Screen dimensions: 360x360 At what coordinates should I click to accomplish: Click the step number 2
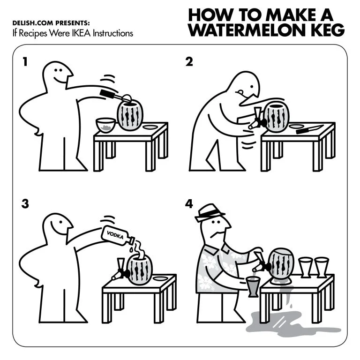[189, 61]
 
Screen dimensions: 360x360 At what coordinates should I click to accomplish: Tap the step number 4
[189, 204]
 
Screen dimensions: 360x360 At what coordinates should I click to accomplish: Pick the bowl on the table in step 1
[106, 125]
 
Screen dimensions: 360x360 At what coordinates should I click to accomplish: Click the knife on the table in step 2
[309, 128]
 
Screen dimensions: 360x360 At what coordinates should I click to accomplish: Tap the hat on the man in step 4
[210, 212]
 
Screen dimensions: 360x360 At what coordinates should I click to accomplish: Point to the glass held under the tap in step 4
[253, 286]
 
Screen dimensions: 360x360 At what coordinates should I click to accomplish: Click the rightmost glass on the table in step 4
[321, 267]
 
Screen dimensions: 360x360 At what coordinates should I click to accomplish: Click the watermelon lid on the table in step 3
[160, 279]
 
